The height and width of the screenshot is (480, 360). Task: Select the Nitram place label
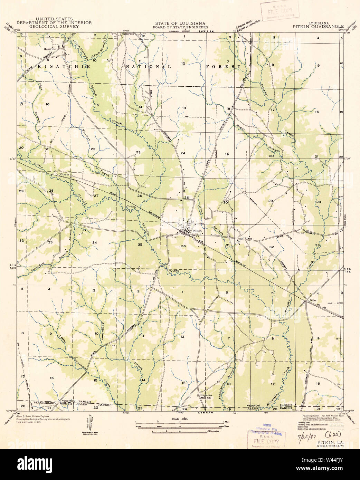click(65, 175)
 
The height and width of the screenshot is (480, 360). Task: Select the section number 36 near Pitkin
click(183, 246)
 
